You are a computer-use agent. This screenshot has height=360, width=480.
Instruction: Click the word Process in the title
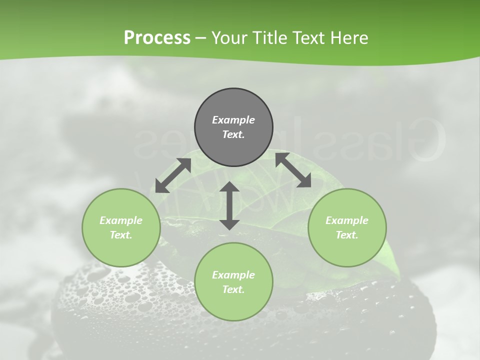click(x=157, y=38)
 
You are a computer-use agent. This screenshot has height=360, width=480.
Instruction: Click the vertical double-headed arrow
click(x=229, y=205)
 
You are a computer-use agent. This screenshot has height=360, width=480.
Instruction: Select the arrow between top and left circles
click(x=173, y=175)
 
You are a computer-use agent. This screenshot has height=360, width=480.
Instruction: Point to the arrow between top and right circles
click(x=293, y=170)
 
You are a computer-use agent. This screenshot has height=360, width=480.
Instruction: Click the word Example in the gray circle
click(x=233, y=120)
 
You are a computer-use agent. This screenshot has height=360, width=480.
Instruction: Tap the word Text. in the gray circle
click(x=233, y=134)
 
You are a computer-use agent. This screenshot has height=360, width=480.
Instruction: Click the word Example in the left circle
click(x=121, y=220)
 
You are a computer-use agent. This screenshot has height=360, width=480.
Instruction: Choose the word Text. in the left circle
click(x=121, y=235)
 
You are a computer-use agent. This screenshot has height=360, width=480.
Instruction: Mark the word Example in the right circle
click(x=347, y=220)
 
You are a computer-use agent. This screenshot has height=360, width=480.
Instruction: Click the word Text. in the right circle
click(x=347, y=235)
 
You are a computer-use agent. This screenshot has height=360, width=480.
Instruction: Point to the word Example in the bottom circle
click(x=233, y=275)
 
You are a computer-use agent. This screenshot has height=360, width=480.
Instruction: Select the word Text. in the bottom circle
click(x=233, y=289)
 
